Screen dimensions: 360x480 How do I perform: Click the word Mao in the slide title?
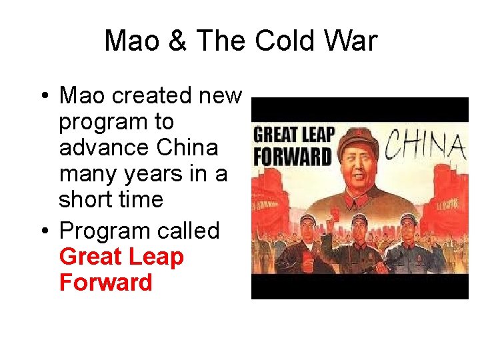(x=133, y=41)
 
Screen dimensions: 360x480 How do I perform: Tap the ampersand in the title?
(x=177, y=41)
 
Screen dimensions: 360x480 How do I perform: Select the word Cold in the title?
(x=287, y=41)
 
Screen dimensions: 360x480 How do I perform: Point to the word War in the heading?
(x=351, y=41)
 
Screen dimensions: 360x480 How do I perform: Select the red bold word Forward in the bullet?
(x=105, y=283)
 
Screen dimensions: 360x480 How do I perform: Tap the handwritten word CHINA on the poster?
(x=426, y=145)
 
